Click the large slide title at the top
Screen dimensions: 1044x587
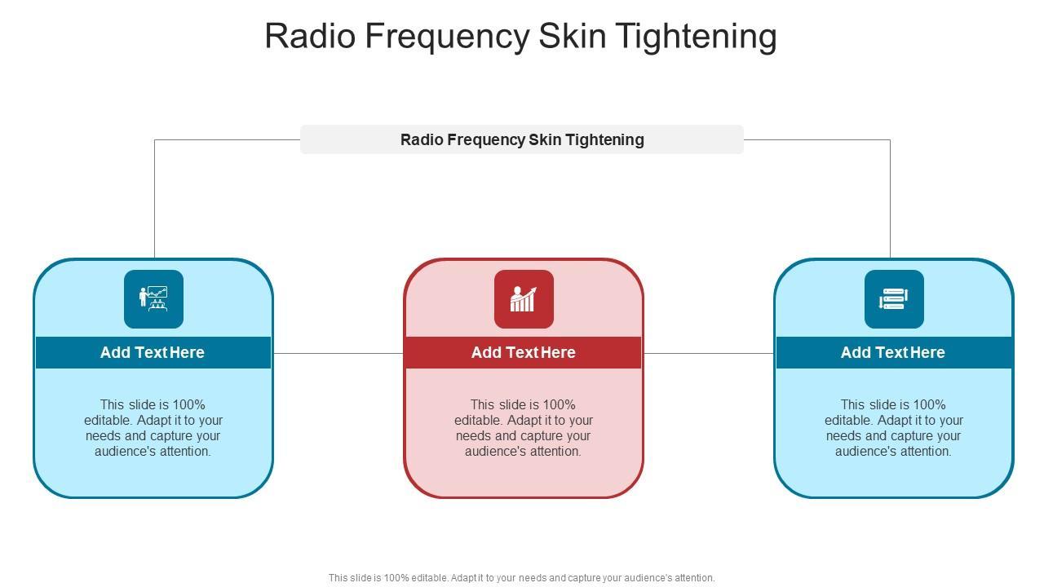tap(520, 36)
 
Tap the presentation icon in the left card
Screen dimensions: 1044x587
tap(153, 299)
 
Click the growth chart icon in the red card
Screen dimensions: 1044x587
tap(524, 299)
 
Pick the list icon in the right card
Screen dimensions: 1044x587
tap(894, 299)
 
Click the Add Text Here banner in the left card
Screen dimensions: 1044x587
tap(153, 352)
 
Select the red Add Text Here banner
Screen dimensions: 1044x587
tap(524, 352)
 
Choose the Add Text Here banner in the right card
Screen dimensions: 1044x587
tap(893, 352)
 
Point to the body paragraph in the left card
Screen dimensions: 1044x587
tap(153, 427)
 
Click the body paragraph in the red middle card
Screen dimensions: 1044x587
tap(524, 427)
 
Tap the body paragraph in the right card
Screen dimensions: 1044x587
tap(894, 427)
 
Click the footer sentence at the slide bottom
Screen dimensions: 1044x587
tap(521, 577)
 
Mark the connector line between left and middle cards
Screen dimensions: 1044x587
tap(338, 353)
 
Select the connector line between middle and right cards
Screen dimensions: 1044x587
tap(709, 353)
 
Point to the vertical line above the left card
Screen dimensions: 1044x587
tap(154, 200)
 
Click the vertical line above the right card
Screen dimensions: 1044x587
tap(890, 200)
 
